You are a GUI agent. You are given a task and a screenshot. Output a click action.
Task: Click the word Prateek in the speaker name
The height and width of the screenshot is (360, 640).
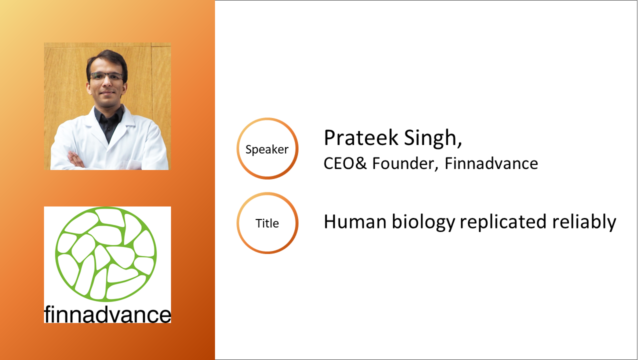(361, 137)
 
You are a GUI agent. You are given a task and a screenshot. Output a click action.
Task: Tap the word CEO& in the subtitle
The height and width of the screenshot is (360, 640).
(345, 163)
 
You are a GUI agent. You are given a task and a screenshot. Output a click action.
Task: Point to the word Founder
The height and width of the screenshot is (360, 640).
(404, 163)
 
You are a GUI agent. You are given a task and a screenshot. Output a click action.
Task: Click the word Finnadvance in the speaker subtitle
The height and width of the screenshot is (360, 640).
(491, 163)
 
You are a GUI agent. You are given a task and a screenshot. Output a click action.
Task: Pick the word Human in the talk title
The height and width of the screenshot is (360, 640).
(355, 221)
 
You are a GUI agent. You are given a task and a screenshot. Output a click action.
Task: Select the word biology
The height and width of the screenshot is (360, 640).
(423, 222)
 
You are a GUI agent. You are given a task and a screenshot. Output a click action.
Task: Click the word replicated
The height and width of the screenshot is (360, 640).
(503, 221)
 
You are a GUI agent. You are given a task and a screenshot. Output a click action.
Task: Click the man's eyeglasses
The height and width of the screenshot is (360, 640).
(106, 76)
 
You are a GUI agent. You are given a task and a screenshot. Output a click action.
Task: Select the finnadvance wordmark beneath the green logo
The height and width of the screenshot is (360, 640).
(107, 314)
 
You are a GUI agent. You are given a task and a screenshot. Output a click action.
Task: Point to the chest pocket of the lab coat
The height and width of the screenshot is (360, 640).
(132, 164)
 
